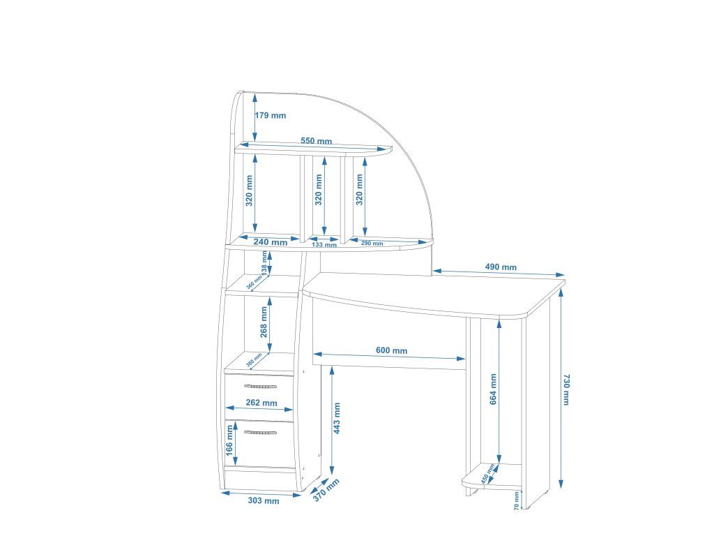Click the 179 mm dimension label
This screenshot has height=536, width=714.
coord(271,116)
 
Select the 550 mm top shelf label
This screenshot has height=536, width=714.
coord(316,141)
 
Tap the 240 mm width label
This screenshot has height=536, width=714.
coord(271,242)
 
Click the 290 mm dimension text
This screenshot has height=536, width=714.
coord(372,244)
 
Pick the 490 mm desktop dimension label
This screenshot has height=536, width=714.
coord(501,267)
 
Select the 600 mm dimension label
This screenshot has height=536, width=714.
coord(391,350)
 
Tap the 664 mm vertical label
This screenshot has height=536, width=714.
coord(494,389)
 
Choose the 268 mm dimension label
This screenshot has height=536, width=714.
coord(264,321)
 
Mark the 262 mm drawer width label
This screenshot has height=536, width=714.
coord(261,403)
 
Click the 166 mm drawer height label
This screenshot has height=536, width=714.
coord(229,441)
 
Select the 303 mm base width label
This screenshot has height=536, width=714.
coord(264,500)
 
